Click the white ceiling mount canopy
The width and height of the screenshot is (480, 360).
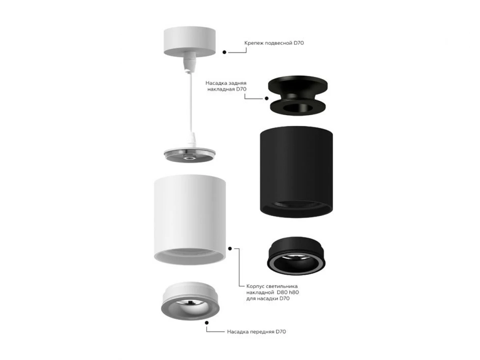point(189,41)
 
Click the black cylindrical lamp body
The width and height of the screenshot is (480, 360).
point(296,172)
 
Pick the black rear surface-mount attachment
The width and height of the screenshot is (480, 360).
point(298,96)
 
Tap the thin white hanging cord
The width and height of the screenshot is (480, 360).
point(191,102)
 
